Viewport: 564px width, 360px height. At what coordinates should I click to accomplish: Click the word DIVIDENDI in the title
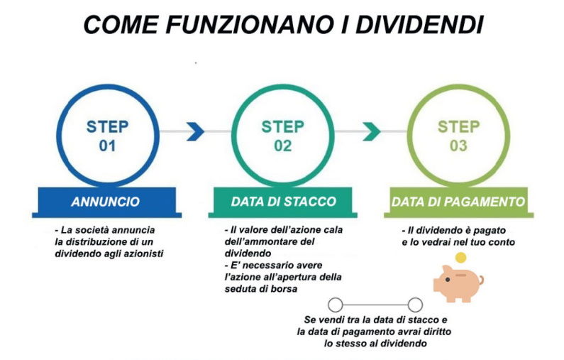tap(419, 24)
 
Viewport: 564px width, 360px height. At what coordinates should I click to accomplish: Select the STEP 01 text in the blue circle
tap(107, 136)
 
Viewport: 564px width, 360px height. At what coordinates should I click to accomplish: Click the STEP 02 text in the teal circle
tap(283, 136)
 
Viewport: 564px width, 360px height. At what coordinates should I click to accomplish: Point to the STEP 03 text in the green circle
tap(458, 136)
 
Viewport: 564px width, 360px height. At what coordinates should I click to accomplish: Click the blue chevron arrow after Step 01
tap(196, 131)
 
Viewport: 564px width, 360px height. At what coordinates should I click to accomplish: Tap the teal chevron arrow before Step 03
tap(372, 131)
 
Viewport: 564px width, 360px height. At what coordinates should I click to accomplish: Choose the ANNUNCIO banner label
tap(106, 202)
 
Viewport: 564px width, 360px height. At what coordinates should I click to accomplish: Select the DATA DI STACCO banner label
tap(284, 202)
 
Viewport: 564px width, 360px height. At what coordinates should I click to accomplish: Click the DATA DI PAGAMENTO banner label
tap(458, 202)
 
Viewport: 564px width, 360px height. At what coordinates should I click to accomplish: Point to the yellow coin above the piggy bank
tap(460, 258)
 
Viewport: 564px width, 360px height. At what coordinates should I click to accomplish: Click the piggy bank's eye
tap(448, 279)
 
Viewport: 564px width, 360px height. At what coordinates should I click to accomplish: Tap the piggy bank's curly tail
tap(481, 280)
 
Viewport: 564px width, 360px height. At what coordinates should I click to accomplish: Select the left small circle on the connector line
tap(336, 305)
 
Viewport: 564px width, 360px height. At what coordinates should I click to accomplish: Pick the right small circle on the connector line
tap(415, 305)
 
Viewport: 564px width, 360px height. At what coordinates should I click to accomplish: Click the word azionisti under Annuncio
tap(143, 253)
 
